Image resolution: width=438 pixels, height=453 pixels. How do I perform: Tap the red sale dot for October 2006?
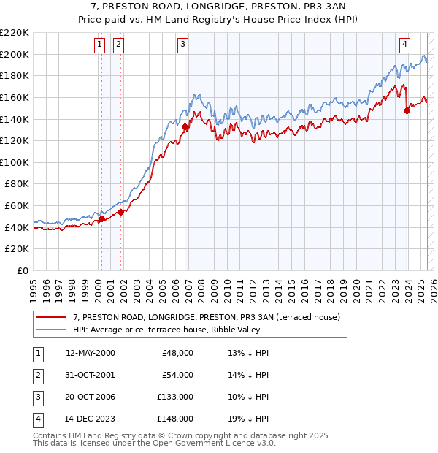pyautogui.click(x=185, y=126)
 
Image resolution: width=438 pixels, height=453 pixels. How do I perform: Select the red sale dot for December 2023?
pyautogui.click(x=407, y=111)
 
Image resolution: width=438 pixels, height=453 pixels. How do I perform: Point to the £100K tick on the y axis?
pyautogui.click(x=15, y=162)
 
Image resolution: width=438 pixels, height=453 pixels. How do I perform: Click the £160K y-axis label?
pyautogui.click(x=15, y=97)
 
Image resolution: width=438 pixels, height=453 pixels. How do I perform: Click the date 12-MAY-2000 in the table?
pyautogui.click(x=91, y=353)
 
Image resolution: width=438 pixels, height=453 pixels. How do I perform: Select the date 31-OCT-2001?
pyautogui.click(x=90, y=375)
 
